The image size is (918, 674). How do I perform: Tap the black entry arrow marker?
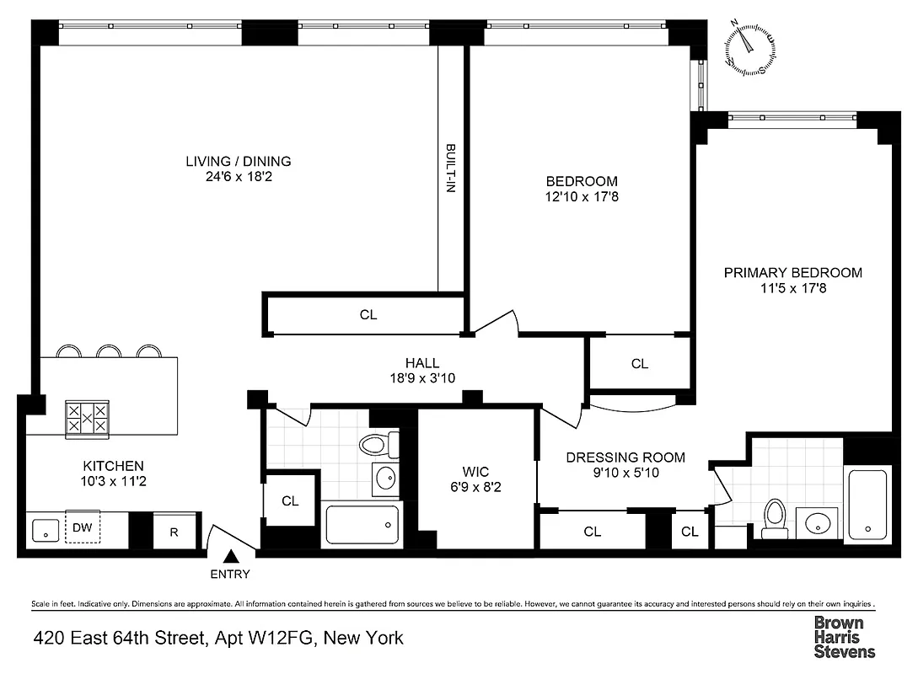click(x=231, y=556)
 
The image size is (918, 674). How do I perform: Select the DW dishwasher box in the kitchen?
click(x=83, y=527)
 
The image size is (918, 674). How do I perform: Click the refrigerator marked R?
click(x=174, y=532)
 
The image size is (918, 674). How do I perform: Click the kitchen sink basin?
click(x=45, y=531)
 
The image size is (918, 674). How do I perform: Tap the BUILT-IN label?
click(x=450, y=169)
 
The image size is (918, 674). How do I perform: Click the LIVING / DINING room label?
click(x=239, y=162)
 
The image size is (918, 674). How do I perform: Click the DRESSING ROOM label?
click(x=625, y=457)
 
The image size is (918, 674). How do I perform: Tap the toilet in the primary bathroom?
click(x=774, y=517)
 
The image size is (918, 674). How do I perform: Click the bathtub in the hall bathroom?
click(x=362, y=524)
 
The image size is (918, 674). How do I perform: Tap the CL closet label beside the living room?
click(x=368, y=315)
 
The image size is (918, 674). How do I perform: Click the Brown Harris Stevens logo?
click(x=844, y=637)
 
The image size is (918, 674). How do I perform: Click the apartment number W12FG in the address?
click(x=279, y=638)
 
